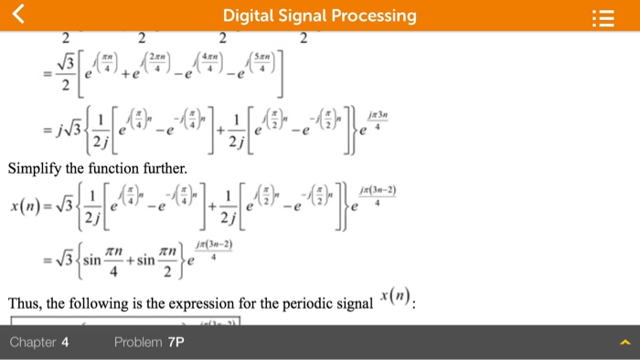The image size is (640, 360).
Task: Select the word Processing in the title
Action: (373, 16)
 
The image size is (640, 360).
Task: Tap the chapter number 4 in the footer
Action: (65, 343)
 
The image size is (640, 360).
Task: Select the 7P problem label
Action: (176, 343)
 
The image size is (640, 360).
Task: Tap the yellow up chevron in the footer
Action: (625, 343)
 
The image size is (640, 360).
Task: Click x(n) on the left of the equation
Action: (27, 206)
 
